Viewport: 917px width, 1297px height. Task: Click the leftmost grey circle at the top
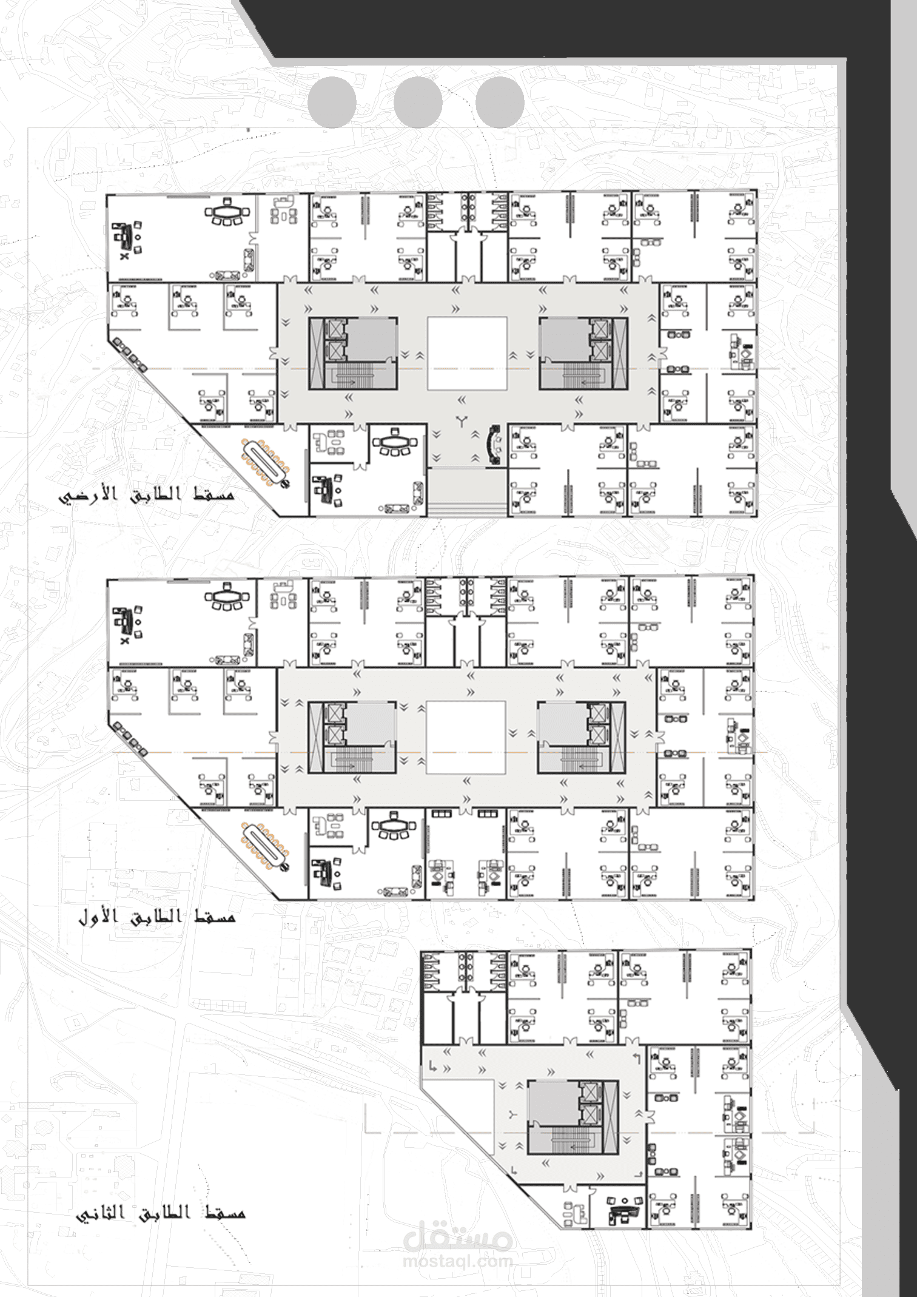pyautogui.click(x=332, y=103)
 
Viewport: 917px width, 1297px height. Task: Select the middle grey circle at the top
pyautogui.click(x=418, y=103)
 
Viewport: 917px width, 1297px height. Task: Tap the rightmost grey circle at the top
pyautogui.click(x=500, y=103)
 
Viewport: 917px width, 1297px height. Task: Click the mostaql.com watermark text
pyautogui.click(x=458, y=1262)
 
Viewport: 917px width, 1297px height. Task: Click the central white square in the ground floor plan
pyautogui.click(x=467, y=353)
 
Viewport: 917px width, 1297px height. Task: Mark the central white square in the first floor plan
pyautogui.click(x=466, y=738)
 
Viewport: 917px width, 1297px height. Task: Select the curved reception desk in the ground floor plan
pyautogui.click(x=494, y=444)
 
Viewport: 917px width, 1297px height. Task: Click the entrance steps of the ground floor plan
pyautogui.click(x=467, y=493)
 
